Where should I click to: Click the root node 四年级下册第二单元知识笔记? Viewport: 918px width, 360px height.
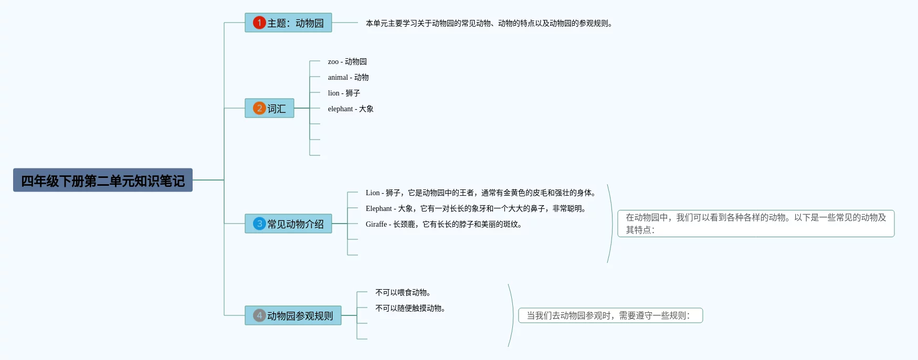click(103, 181)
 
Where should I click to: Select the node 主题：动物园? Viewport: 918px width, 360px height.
click(288, 23)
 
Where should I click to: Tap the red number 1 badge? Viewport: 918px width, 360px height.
click(259, 23)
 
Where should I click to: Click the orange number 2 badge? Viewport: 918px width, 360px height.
click(259, 108)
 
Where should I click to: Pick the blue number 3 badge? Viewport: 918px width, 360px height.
click(259, 224)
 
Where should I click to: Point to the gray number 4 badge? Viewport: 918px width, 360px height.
click(259, 315)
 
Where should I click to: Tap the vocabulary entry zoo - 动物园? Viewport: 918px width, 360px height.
click(347, 62)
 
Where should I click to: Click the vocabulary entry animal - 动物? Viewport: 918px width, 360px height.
click(348, 78)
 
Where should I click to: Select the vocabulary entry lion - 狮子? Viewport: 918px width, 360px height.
click(344, 93)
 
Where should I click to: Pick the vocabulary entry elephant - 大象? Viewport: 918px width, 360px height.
click(351, 109)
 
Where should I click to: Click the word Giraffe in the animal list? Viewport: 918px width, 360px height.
click(376, 225)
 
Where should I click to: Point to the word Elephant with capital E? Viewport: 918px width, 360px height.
click(379, 209)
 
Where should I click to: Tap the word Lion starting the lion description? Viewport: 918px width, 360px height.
click(373, 193)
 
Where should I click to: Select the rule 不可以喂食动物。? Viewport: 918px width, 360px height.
click(403, 293)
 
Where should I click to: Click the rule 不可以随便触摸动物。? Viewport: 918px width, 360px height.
click(410, 309)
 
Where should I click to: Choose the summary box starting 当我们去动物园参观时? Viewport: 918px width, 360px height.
click(610, 315)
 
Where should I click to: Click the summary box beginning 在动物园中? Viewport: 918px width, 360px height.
click(755, 224)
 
